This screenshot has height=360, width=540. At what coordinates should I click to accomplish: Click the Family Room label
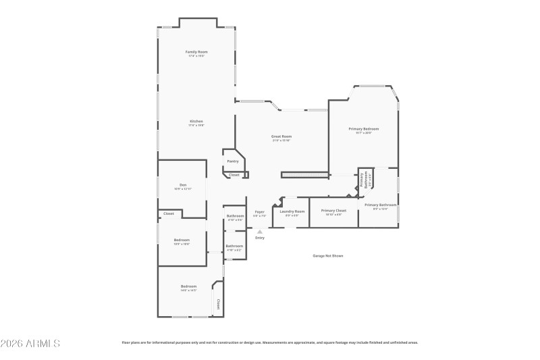(196, 52)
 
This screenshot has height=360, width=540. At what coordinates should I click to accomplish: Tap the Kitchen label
(196, 122)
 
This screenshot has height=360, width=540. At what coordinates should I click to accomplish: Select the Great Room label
(281, 137)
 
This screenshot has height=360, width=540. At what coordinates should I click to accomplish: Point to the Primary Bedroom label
(363, 129)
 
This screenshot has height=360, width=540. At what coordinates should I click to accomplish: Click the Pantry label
(233, 161)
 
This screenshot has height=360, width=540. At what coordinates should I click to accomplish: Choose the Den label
(182, 185)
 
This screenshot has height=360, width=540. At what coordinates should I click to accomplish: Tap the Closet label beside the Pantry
(234, 175)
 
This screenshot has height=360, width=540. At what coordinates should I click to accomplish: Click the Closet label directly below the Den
(168, 213)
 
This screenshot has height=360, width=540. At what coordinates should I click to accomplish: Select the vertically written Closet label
(218, 305)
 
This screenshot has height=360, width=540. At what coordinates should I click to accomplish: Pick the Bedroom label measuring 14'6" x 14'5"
(188, 286)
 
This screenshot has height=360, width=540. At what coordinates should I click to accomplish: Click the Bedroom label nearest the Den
(182, 240)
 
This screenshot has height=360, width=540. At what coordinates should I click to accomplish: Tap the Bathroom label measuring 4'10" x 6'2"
(234, 246)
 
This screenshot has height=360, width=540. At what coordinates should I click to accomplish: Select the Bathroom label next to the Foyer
(235, 216)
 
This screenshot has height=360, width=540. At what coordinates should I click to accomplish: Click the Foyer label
(259, 211)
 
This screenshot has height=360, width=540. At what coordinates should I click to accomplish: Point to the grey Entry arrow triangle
(260, 232)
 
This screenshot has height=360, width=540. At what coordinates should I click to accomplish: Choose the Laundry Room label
(292, 211)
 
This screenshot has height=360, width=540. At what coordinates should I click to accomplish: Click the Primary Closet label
(333, 211)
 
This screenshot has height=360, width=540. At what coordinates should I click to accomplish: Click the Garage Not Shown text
(328, 256)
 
